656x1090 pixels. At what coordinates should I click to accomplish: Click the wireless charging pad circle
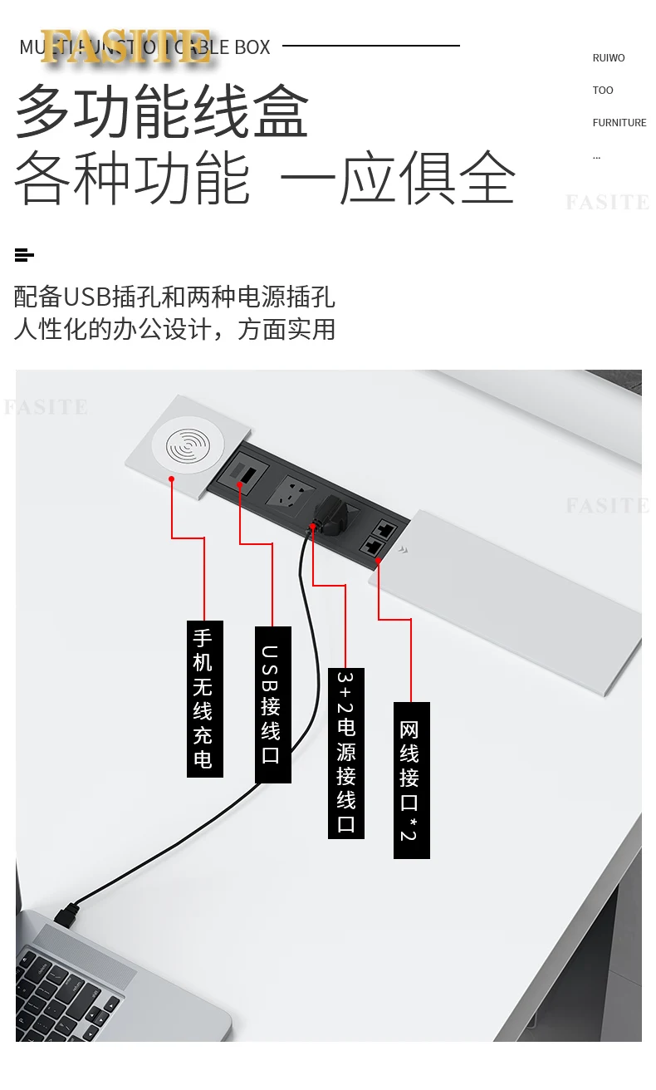188,444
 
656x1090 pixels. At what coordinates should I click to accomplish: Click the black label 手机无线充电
204,699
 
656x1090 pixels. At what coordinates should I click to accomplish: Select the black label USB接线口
272,704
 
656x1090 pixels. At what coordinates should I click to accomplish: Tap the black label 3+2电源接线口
345,752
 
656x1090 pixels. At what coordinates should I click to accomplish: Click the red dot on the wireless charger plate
172,479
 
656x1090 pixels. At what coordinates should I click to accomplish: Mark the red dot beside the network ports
379,561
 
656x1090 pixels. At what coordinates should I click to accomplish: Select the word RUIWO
609,58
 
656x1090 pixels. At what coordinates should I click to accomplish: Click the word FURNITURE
619,123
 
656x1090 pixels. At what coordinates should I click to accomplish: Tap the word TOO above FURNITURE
603,91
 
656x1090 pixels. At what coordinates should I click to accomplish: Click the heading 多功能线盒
162,111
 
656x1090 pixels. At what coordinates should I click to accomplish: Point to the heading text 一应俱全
398,177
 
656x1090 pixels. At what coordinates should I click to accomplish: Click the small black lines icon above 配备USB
24,255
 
